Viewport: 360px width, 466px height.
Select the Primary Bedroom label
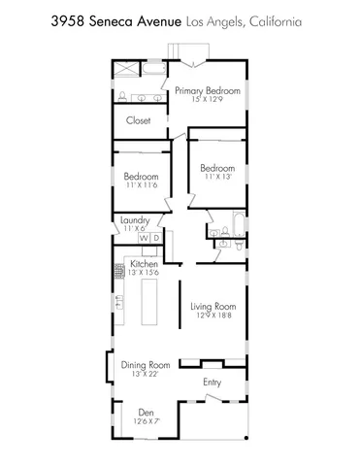click(207, 90)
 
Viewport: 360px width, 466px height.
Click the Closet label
click(138, 122)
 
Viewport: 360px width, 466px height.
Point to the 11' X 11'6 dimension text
click(141, 184)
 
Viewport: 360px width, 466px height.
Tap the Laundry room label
click(135, 220)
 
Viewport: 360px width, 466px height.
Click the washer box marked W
click(144, 238)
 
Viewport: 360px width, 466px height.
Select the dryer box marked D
click(155, 238)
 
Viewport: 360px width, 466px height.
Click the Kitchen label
click(145, 264)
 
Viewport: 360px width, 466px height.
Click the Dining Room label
click(146, 365)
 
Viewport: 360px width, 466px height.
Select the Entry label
click(213, 382)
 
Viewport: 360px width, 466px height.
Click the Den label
click(147, 411)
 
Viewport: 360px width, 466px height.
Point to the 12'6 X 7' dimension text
click(147, 420)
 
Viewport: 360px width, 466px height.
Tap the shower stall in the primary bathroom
click(127, 71)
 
